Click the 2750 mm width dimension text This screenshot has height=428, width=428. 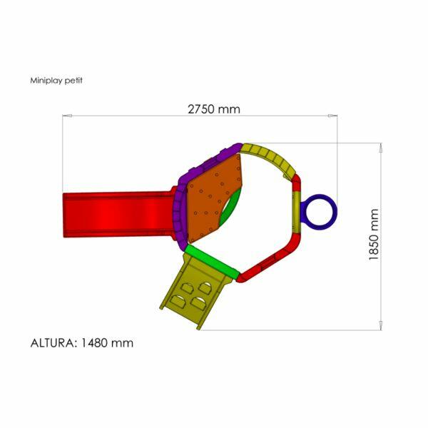[x=214, y=109]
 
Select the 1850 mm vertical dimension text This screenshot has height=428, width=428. [x=374, y=235]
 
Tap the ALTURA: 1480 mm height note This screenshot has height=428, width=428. [x=82, y=343]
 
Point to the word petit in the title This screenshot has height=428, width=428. [x=74, y=80]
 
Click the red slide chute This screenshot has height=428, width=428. [x=118, y=215]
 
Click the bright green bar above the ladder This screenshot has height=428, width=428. [x=212, y=260]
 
